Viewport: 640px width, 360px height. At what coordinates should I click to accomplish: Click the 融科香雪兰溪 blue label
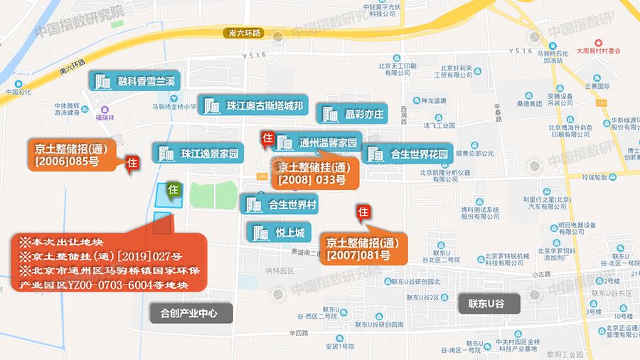pos(133,80)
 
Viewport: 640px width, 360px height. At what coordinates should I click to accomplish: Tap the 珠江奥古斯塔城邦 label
pos(252,106)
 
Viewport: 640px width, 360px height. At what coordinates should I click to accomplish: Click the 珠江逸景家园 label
pos(198,153)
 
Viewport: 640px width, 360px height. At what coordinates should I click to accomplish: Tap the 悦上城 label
pos(278,232)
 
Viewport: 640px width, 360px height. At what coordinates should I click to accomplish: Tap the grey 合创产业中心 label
pos(188,312)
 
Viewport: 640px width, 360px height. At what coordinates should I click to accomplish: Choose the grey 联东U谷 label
pos(489,303)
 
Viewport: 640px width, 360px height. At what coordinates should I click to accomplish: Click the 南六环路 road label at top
pos(242,33)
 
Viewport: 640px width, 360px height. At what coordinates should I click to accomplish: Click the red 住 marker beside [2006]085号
pos(132,164)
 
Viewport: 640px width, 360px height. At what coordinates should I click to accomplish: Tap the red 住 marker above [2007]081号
pos(363,211)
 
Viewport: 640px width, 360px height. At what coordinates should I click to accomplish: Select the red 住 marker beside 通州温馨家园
pos(267,138)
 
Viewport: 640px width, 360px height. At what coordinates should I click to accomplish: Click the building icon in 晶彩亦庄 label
pos(330,114)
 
